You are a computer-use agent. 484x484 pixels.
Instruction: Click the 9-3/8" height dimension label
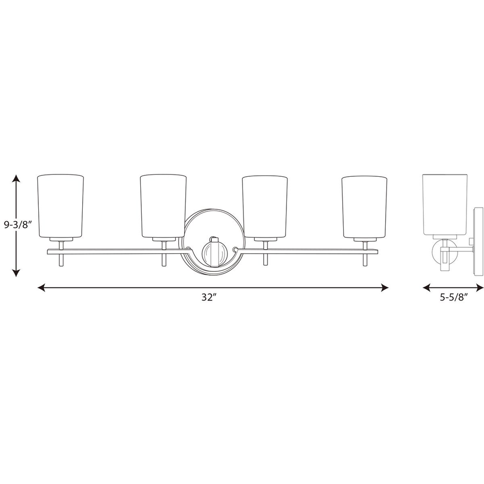pos(18,225)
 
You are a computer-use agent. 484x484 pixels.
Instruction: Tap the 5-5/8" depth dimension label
pos(454,297)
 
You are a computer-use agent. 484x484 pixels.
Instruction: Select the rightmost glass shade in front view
pos(364,207)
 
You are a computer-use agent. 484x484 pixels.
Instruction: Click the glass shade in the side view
pos(444,204)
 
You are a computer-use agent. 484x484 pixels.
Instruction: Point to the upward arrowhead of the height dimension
pos(16,178)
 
